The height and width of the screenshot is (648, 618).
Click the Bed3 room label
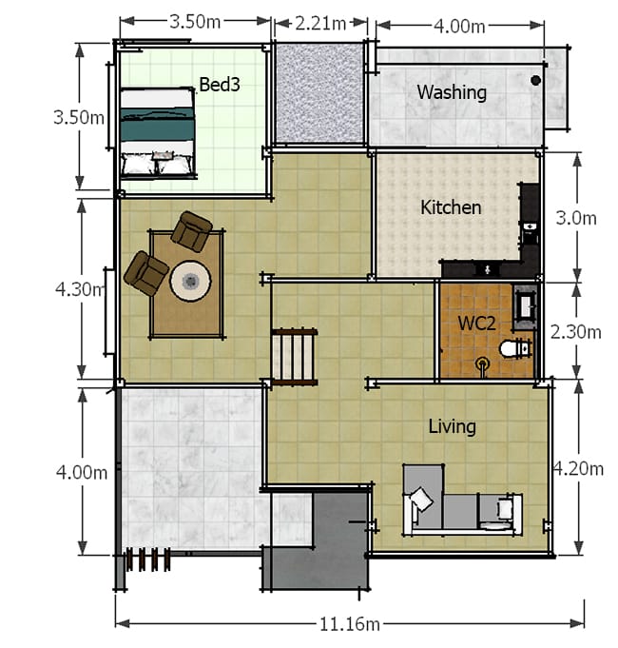[x=220, y=85]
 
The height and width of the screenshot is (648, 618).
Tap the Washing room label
[x=452, y=92]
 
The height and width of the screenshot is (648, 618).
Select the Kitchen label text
[x=451, y=207]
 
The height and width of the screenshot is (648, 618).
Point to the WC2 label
[x=477, y=323]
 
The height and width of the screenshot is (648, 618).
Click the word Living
[x=452, y=426]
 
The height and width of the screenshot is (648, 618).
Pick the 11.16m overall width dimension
[x=350, y=623]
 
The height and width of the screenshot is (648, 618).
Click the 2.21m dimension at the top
[x=320, y=24]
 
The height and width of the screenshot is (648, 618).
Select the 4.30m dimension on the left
[x=80, y=289]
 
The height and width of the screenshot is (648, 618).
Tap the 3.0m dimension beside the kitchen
[x=576, y=218]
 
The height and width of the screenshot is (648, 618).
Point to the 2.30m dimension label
[x=576, y=332]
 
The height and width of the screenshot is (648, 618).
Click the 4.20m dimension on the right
[x=578, y=469]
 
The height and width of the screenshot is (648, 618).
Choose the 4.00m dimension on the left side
[x=82, y=472]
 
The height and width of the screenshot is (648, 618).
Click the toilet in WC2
[x=515, y=348]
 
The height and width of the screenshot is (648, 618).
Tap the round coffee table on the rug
[x=191, y=281]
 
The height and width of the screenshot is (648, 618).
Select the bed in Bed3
[x=158, y=132]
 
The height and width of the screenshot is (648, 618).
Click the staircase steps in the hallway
[x=295, y=357]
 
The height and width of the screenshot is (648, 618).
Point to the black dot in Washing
[x=535, y=80]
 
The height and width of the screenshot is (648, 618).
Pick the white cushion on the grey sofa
[x=421, y=499]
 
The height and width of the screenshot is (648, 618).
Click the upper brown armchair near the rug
[x=192, y=231]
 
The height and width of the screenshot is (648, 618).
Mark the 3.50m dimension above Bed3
[x=195, y=22]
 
